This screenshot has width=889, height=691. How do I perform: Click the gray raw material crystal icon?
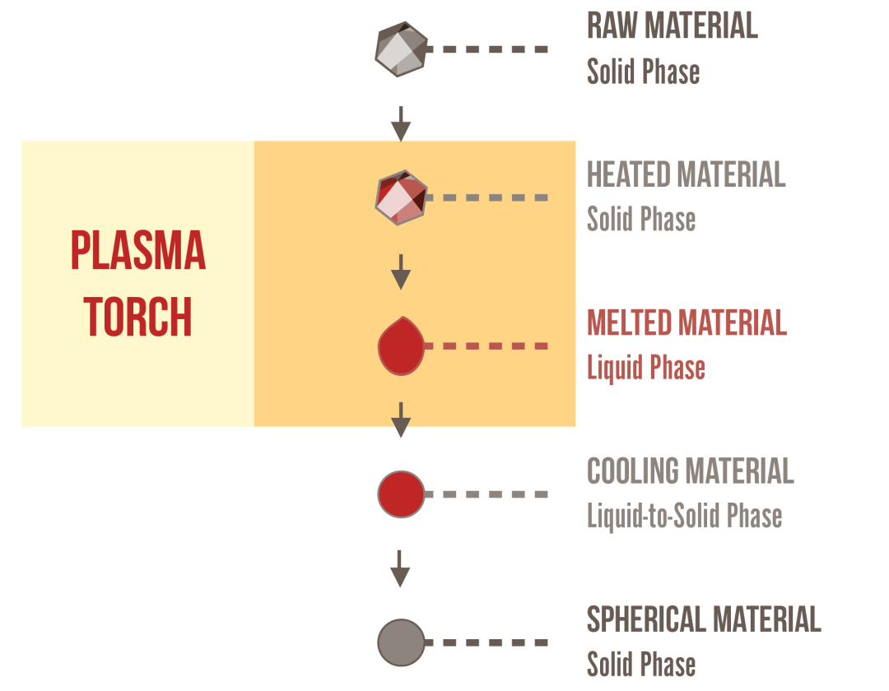tap(401, 49)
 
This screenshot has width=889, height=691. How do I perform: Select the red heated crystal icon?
tap(401, 197)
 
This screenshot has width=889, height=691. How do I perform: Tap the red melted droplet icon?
tap(401, 348)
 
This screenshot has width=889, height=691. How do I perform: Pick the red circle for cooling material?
tap(401, 494)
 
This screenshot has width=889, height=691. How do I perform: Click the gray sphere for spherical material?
tap(401, 642)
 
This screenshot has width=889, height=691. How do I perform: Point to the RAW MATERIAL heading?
tap(672, 26)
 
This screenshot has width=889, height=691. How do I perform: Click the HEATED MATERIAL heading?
tap(686, 174)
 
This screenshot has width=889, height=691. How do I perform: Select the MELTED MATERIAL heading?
tap(687, 322)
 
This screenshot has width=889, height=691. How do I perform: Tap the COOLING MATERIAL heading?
tap(690, 471)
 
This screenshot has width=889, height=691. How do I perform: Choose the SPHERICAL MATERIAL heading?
tap(703, 619)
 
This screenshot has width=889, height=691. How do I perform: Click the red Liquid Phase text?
tap(645, 367)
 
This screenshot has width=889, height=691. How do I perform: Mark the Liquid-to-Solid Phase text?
tap(684, 516)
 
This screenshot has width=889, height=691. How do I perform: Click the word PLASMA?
tap(138, 252)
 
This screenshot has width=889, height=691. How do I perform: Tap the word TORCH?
tap(138, 317)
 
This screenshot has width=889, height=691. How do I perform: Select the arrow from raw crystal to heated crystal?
tap(401, 123)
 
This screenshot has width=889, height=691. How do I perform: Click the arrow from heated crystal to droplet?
tap(401, 271)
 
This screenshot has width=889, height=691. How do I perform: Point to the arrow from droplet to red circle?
tap(401, 420)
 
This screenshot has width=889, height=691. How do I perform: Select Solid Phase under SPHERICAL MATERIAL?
tap(641, 664)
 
